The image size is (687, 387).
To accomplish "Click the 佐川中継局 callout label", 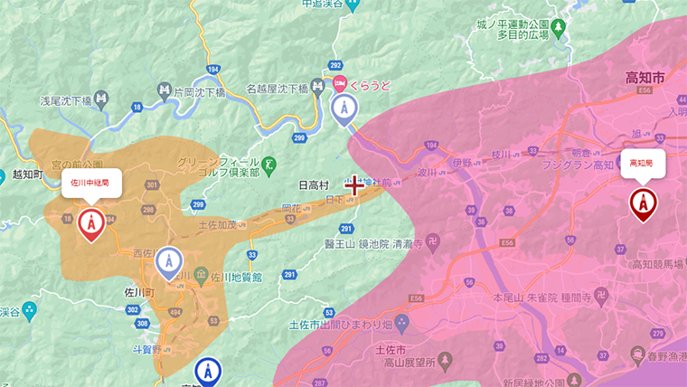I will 90,182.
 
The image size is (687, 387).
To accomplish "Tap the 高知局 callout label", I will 643,163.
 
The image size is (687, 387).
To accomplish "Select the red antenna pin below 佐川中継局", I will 90,223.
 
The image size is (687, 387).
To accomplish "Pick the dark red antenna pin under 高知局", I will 643,203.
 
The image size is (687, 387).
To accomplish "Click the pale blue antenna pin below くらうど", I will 343,109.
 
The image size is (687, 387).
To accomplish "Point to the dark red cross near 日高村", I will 354,186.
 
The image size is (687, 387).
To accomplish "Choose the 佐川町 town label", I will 140,293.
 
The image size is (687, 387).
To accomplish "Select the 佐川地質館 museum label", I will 236,276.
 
